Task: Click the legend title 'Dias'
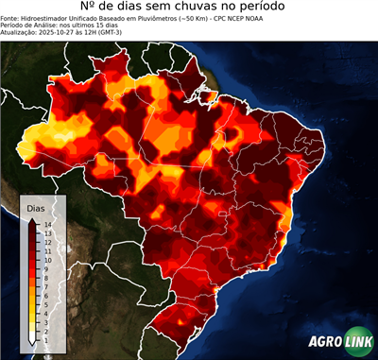click(36, 207)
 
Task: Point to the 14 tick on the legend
click(46, 224)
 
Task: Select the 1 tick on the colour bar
click(45, 330)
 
